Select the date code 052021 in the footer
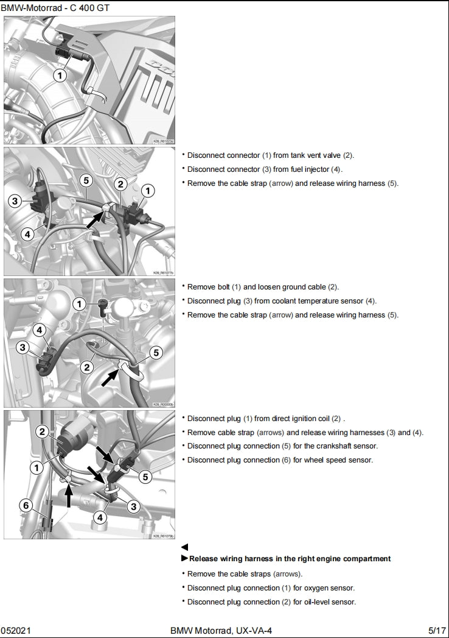13,629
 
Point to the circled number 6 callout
26,505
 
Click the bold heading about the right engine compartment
290,559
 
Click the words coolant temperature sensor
319,301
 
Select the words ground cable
305,287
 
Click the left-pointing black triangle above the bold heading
185,548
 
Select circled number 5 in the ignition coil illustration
145,477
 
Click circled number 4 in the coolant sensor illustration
39,330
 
